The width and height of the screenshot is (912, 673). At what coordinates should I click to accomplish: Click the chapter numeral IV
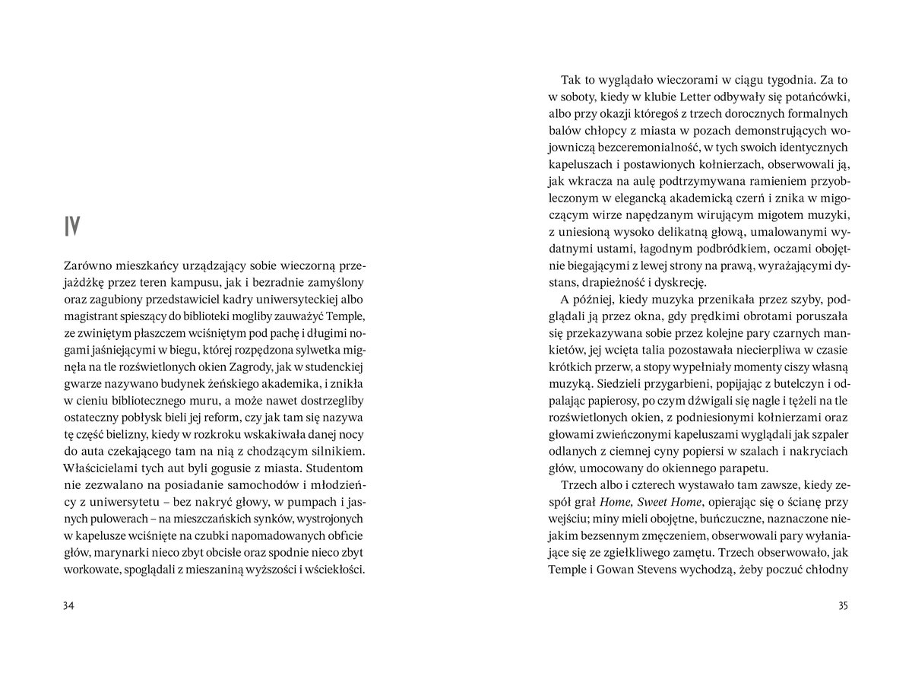pyautogui.click(x=73, y=226)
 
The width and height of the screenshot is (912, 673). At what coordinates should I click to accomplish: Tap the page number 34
pyautogui.click(x=70, y=606)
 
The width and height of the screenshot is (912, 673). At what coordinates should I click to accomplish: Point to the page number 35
pyautogui.click(x=841, y=606)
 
